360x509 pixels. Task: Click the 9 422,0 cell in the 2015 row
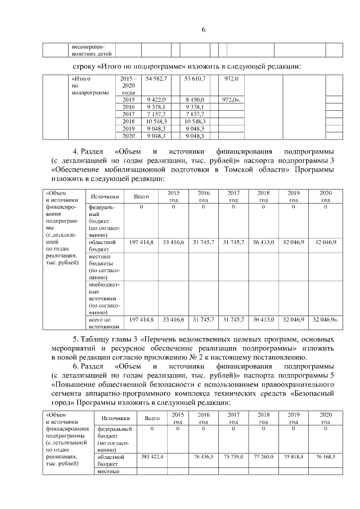155,99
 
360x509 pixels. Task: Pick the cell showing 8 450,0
195,99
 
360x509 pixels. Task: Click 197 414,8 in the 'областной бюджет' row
141,242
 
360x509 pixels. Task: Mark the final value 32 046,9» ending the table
325,319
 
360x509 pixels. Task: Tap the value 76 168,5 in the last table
325,456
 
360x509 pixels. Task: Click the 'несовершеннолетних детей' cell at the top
92,50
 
